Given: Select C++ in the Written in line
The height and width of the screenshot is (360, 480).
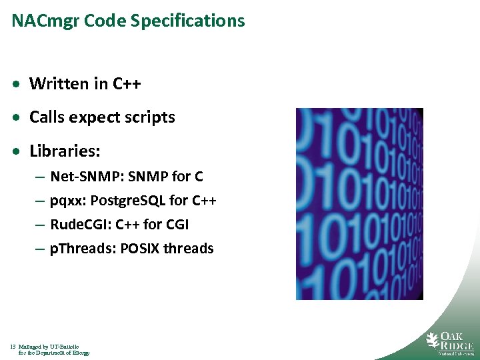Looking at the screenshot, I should tap(127, 84).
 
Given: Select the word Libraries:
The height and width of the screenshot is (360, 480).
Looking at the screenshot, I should tap(65, 151).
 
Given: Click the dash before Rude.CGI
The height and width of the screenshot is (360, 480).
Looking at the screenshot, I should tap(40, 225).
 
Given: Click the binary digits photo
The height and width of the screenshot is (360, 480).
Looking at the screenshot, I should tap(359, 203).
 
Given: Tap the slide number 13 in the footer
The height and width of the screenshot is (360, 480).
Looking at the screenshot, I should tap(13, 347).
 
